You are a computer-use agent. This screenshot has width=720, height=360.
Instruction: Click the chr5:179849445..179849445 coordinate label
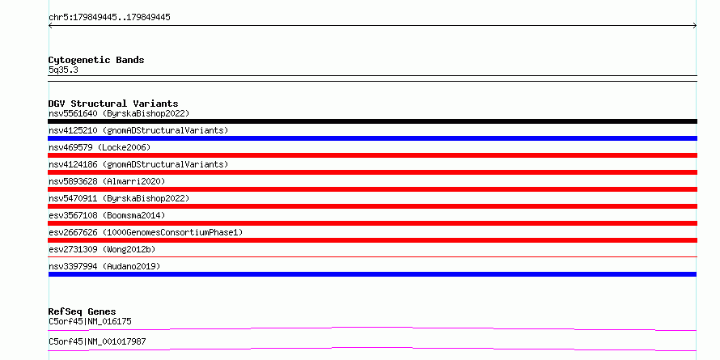(109, 18)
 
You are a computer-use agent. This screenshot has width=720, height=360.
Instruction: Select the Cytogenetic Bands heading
(96, 60)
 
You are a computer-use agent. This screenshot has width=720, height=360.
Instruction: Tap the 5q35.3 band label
(63, 70)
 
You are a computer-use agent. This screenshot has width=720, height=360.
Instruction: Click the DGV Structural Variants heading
(113, 104)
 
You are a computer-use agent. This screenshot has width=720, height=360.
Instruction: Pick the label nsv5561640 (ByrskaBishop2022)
(119, 113)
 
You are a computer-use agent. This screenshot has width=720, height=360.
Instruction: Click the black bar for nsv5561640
(372, 121)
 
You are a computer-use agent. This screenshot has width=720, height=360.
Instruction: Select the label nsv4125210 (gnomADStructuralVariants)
(138, 130)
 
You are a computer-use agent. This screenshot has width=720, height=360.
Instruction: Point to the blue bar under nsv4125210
(372, 138)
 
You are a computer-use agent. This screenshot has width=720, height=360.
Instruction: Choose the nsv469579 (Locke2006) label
(100, 147)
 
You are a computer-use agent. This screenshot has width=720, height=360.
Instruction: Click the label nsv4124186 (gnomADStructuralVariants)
(138, 164)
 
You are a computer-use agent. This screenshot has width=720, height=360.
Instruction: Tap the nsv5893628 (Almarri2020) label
(107, 181)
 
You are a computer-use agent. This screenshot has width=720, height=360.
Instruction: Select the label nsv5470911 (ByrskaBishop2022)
(119, 198)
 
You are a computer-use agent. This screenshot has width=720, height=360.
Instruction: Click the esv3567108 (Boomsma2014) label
(107, 215)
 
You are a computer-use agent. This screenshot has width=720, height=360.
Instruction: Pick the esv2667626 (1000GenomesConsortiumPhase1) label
(146, 232)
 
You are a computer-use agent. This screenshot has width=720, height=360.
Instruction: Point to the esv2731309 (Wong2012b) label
(102, 249)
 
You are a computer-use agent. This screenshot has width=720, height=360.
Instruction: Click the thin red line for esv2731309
(372, 257)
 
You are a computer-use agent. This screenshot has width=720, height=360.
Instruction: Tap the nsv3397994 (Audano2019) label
(104, 266)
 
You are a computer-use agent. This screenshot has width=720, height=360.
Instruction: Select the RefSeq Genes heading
(82, 311)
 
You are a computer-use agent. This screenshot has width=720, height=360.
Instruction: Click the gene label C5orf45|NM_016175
(90, 321)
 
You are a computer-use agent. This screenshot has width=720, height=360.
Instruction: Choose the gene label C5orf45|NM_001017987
(97, 341)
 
